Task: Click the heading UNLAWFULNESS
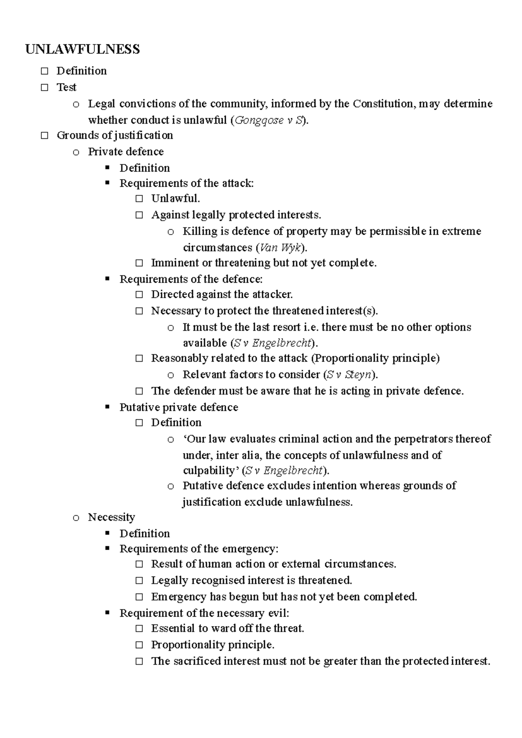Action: (x=83, y=49)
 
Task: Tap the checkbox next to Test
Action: (x=44, y=87)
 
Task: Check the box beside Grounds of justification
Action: (x=44, y=135)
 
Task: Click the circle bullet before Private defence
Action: (x=76, y=152)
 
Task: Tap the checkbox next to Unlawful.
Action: (x=139, y=199)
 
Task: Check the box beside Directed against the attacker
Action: (x=139, y=295)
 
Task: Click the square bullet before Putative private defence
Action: (x=107, y=407)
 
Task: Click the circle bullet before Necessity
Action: (x=76, y=518)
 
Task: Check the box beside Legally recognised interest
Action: (x=139, y=580)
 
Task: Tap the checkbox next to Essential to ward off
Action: (x=139, y=628)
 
